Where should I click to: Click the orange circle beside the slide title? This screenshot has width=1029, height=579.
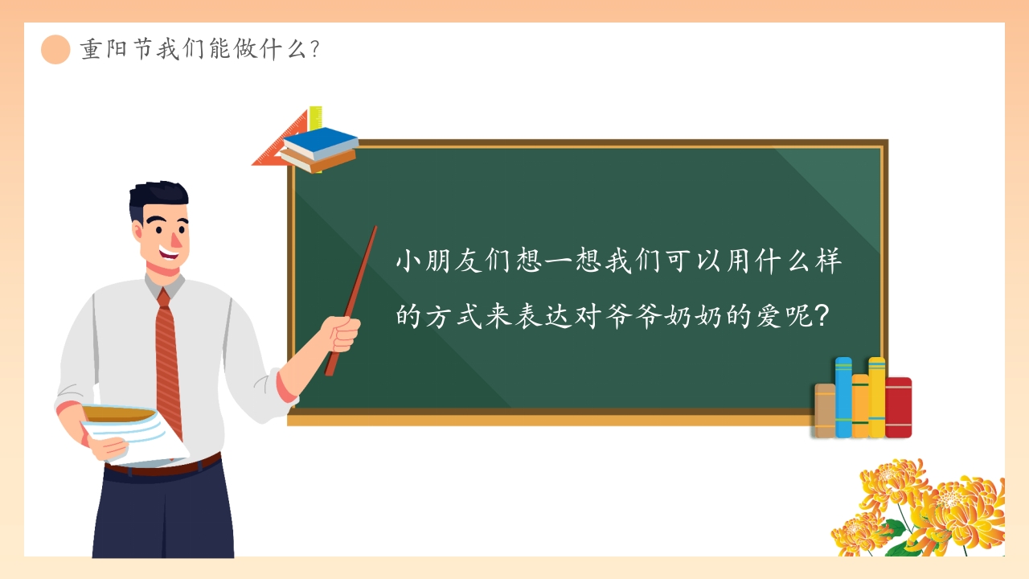pyautogui.click(x=55, y=50)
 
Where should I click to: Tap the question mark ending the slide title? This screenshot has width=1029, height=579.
pyautogui.click(x=314, y=50)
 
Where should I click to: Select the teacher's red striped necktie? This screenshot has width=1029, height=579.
pyautogui.click(x=168, y=362)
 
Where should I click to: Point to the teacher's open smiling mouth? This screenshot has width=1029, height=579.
pyautogui.click(x=170, y=252)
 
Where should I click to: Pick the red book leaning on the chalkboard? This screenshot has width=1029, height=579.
pyautogui.click(x=899, y=407)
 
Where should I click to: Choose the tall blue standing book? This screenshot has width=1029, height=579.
pyautogui.click(x=843, y=397)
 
